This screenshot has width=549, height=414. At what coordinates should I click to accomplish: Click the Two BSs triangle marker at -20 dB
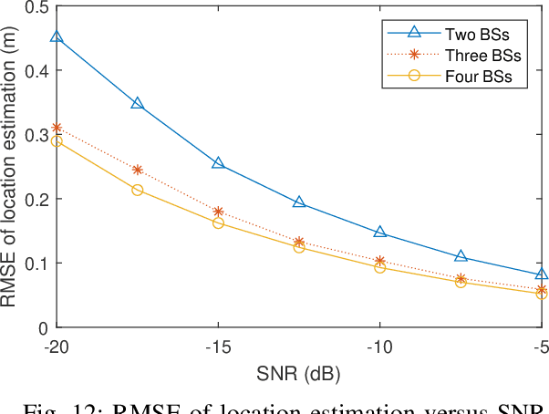pyautogui.click(x=57, y=37)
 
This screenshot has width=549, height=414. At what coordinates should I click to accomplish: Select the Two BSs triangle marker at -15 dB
pyautogui.click(x=219, y=163)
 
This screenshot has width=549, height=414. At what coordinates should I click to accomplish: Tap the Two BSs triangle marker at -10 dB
pyautogui.click(x=380, y=233)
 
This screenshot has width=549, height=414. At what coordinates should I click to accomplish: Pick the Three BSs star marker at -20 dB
pyautogui.click(x=57, y=128)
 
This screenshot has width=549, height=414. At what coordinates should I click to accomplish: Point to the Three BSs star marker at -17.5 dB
pyautogui.click(x=138, y=170)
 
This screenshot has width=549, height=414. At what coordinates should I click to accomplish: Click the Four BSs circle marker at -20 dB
pyautogui.click(x=57, y=141)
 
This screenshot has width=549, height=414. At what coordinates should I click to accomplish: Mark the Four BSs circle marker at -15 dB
pyautogui.click(x=219, y=223)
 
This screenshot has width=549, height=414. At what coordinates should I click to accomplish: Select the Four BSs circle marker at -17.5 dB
pyautogui.click(x=138, y=190)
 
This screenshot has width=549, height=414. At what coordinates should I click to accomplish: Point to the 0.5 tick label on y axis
pyautogui.click(x=37, y=7)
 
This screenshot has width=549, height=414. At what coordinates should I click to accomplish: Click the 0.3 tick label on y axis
pyautogui.click(x=37, y=134)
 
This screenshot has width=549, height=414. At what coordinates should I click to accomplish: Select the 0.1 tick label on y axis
pyautogui.click(x=37, y=264)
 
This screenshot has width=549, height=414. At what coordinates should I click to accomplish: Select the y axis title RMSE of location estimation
pyautogui.click(x=13, y=167)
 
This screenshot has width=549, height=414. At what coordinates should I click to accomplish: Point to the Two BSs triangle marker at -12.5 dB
pyautogui.click(x=299, y=202)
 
